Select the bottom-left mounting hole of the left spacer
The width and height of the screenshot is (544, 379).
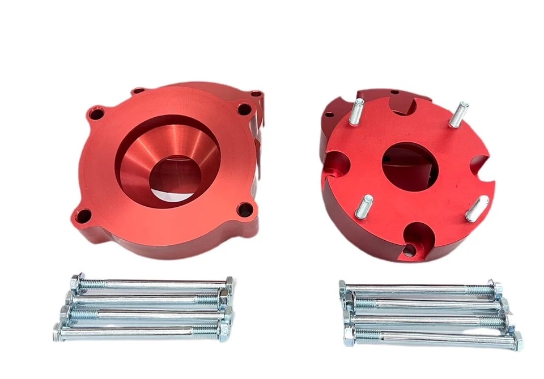[x=86, y=215]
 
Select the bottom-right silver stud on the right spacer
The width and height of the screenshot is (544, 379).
[x=476, y=207]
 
